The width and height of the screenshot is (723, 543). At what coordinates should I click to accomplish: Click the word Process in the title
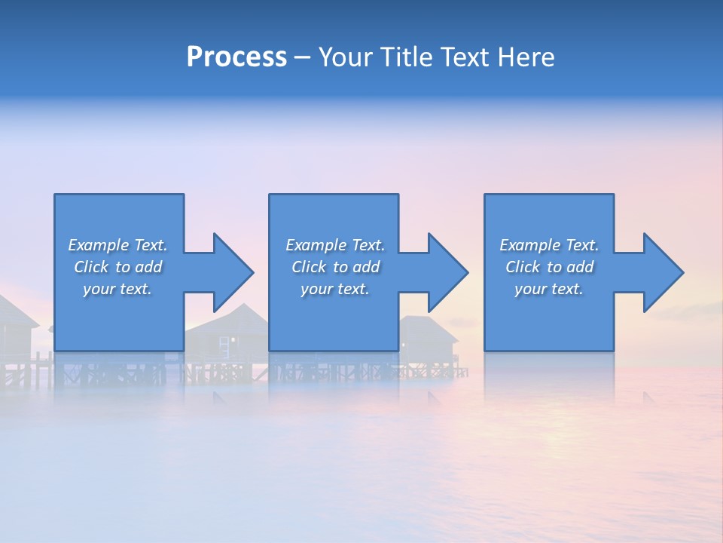(236, 57)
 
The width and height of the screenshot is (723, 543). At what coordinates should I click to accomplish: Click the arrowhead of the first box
(232, 272)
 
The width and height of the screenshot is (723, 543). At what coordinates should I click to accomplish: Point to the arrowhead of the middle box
(447, 272)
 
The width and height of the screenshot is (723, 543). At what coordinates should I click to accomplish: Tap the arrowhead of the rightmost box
(662, 272)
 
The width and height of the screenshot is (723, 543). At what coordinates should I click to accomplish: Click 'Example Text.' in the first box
(117, 245)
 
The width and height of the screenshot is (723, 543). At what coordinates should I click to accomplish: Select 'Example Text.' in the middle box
(334, 245)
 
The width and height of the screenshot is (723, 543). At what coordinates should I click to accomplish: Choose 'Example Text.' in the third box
(548, 245)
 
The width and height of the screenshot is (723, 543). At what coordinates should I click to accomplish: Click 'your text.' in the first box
(117, 289)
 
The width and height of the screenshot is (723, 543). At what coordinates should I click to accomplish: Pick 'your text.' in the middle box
(334, 289)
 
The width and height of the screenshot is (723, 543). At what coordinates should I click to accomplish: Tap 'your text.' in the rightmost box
(548, 289)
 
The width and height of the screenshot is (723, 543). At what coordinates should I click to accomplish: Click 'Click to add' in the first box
(117, 267)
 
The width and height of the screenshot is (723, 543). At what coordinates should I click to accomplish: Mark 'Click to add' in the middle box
(334, 267)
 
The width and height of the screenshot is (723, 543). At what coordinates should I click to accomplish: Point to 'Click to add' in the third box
(548, 267)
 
